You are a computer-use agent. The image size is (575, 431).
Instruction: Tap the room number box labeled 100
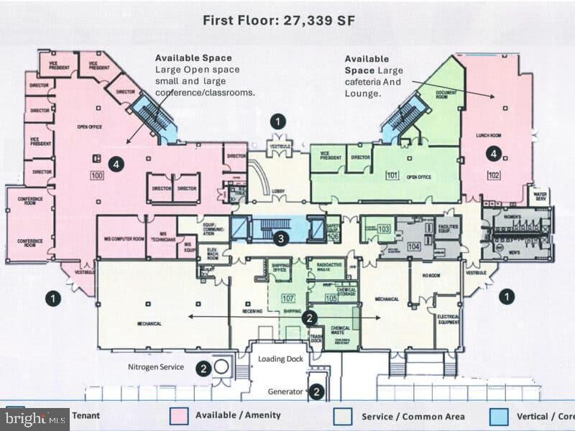[x=97, y=175]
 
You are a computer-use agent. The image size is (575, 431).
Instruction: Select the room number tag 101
[x=392, y=175]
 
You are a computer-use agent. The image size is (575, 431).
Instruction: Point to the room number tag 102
[x=493, y=175]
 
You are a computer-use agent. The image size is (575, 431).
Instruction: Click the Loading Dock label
[x=281, y=358]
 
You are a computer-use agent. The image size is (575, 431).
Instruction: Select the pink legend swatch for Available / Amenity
[x=179, y=416]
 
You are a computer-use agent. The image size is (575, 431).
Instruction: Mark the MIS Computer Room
[x=121, y=238]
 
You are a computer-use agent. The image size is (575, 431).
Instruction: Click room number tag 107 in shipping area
[x=288, y=297]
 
